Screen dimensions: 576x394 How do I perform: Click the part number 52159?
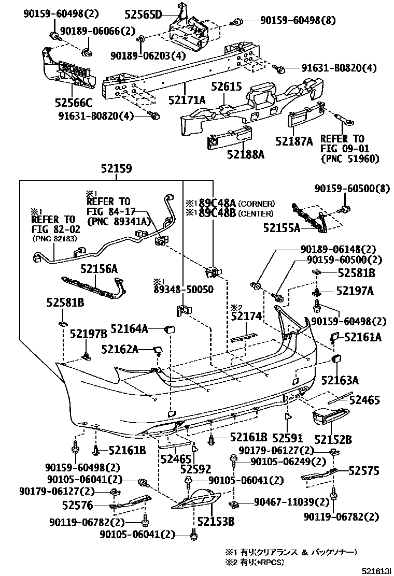coord(116,169)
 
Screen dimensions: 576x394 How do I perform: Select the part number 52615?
coord(226,87)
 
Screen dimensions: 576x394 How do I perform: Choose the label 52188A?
coord(246,154)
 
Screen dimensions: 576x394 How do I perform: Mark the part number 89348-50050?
coord(183,289)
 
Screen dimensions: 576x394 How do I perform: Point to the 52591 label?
coord(287,438)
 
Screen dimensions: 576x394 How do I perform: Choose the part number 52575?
coord(363,470)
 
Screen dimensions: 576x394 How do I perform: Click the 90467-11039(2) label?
coord(292,502)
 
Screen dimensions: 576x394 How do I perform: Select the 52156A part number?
coord(99,268)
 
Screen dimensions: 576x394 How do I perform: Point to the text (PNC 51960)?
coord(350,159)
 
